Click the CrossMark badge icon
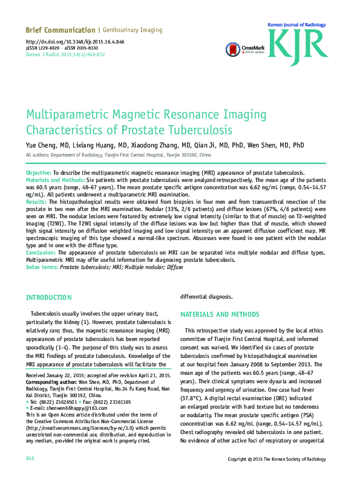(233, 48)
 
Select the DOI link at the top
(75, 41)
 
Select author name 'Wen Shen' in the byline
(263, 146)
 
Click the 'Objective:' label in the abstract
(39, 173)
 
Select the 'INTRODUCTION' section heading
(48, 298)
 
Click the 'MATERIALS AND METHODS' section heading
(220, 315)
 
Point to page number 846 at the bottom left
(30, 459)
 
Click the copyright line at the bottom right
(281, 459)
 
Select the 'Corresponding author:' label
(51, 382)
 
